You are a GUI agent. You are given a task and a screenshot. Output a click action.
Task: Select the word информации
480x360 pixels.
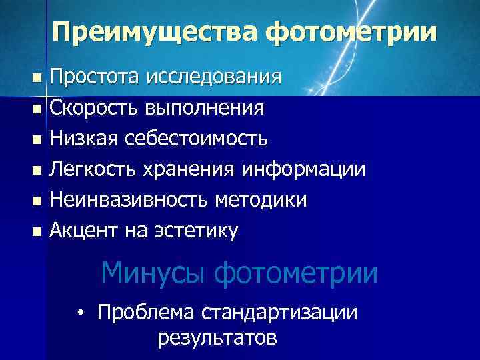tap(303, 169)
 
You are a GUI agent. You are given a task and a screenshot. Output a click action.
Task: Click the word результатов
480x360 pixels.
tap(217, 338)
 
